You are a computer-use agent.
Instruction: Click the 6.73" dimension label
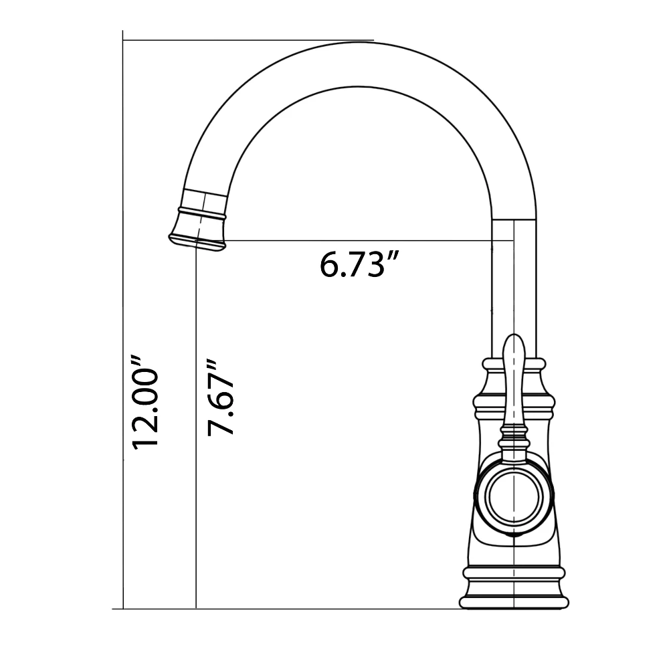(354, 266)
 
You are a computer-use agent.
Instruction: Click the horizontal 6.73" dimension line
(361, 240)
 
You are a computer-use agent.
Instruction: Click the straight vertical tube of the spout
(514, 281)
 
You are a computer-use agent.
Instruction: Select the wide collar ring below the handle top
(513, 403)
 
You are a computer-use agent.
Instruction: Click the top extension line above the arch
(248, 40)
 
